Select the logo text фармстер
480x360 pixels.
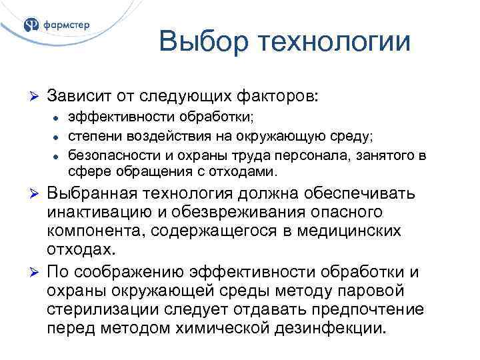click(66, 25)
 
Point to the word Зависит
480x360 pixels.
click(79, 96)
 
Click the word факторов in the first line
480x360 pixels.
click(273, 96)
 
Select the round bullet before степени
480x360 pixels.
click(57, 138)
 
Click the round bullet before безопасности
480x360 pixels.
click(57, 157)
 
